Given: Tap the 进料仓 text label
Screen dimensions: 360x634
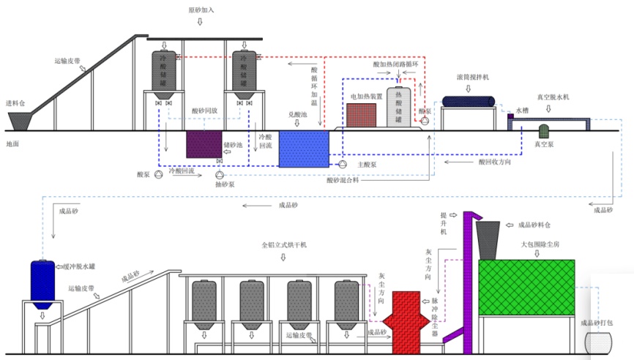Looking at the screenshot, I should [x=16, y=103].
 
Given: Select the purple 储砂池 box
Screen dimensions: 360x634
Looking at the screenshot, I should [x=204, y=144].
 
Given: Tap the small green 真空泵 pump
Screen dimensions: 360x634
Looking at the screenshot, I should [x=544, y=131].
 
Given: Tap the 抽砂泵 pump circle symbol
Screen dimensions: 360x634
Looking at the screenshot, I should [x=220, y=176].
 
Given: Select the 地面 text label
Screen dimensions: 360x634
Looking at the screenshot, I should [x=12, y=144].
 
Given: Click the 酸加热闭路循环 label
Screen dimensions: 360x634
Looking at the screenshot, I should [x=395, y=64].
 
